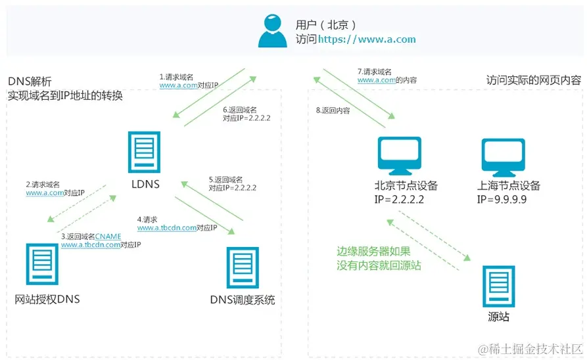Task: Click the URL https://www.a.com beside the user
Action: [367, 39]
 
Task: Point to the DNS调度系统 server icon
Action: [242, 268]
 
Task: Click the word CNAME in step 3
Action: [108, 236]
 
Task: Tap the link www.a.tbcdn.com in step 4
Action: [167, 228]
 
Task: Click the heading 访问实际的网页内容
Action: [533, 80]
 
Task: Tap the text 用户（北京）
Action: [326, 25]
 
